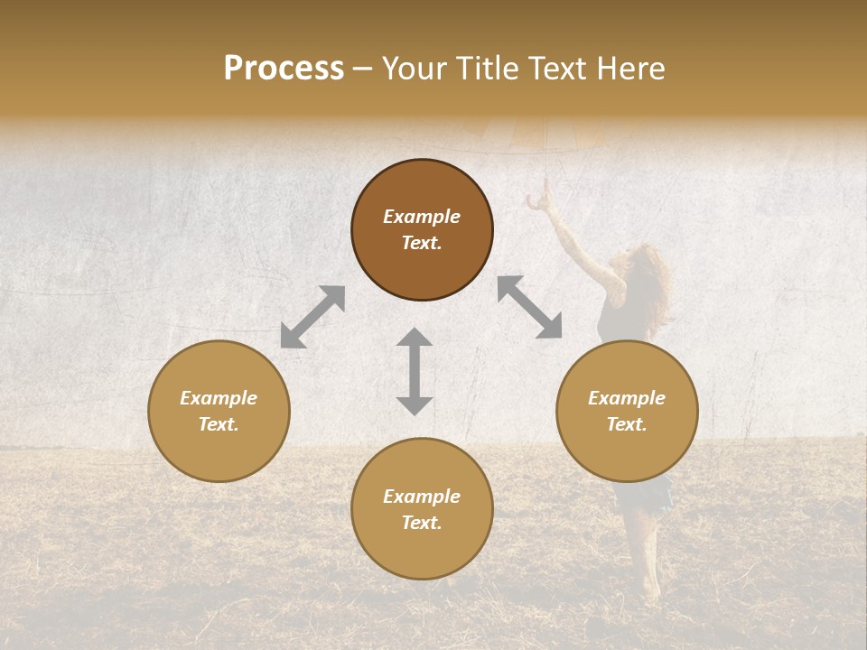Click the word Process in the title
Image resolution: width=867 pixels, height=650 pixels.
(x=284, y=69)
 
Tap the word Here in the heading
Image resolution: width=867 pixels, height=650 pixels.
(x=629, y=69)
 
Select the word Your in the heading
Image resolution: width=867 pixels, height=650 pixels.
(x=414, y=69)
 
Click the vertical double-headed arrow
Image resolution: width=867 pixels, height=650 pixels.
(x=415, y=371)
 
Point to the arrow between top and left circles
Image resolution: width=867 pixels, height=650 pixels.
(x=312, y=317)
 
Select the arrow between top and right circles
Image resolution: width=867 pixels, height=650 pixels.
(x=529, y=307)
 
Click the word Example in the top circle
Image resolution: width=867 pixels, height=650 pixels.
(x=422, y=217)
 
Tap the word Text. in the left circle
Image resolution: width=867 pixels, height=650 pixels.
(x=219, y=424)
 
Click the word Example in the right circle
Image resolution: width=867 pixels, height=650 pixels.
(x=627, y=398)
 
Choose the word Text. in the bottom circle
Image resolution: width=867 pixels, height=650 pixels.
(x=422, y=523)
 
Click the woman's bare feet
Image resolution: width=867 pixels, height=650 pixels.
(x=648, y=591)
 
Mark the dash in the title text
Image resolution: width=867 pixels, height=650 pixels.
(x=363, y=70)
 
